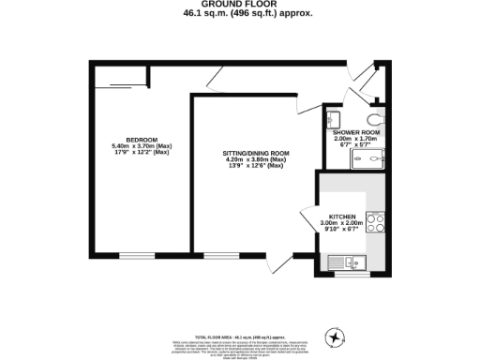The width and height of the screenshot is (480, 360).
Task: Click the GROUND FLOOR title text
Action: pos(239,6)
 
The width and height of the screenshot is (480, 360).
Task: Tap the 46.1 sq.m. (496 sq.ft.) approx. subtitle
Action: pos(239,15)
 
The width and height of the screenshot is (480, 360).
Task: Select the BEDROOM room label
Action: pos(142,140)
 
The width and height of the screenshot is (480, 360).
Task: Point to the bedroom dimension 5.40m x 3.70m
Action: pos(142,146)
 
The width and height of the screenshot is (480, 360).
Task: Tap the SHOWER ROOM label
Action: pos(356,132)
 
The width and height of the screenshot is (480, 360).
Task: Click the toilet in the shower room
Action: pos(375,119)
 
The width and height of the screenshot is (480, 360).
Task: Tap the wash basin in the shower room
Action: pos(334,119)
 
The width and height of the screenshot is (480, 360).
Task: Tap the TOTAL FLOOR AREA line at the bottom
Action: pos(239,335)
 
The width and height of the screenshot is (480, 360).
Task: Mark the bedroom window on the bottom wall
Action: pos(135,254)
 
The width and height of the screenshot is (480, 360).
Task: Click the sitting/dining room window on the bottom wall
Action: pos(221,254)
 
